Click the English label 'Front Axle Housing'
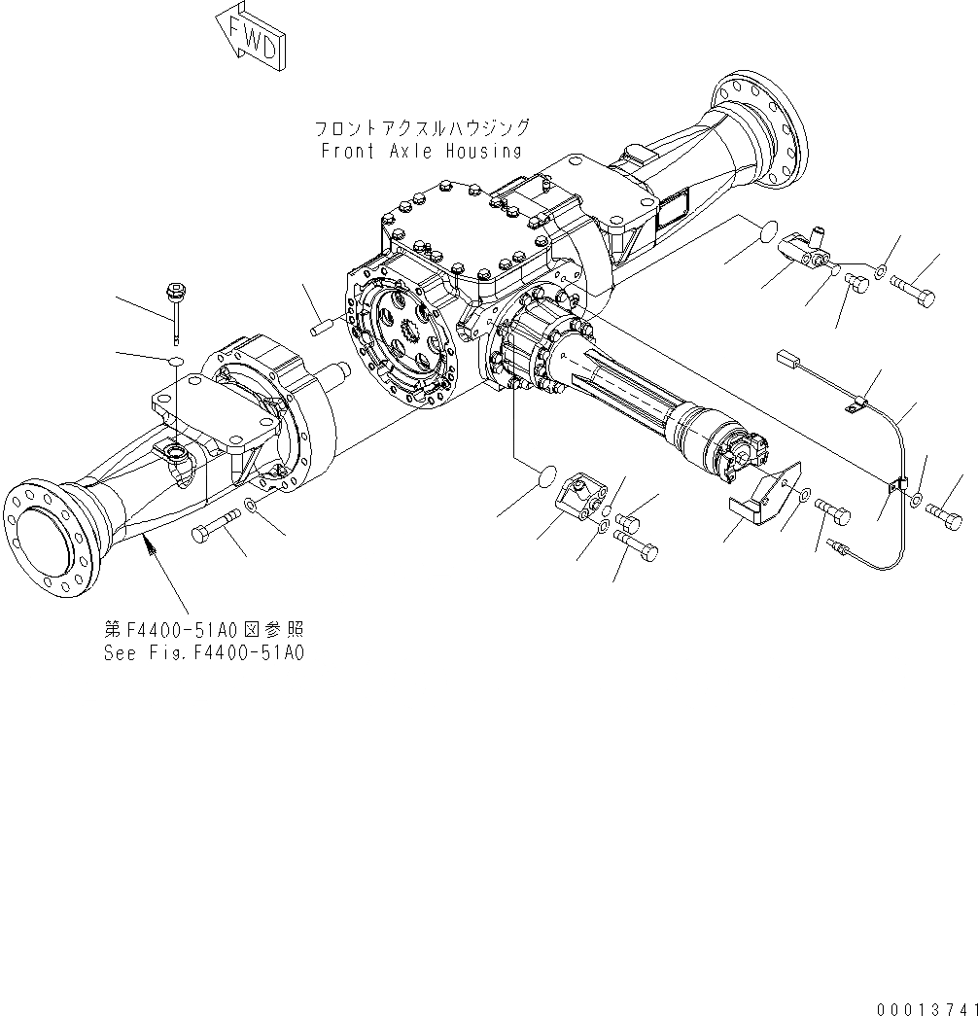(421, 151)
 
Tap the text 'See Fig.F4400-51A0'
(204, 653)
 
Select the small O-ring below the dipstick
(176, 362)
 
